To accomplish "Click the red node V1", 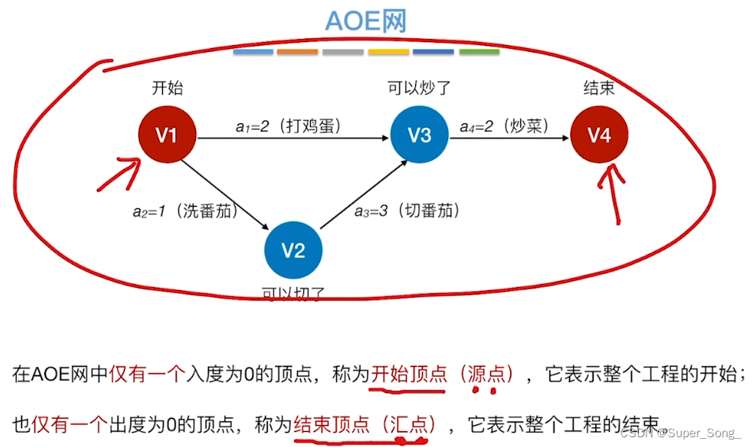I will click(167, 136).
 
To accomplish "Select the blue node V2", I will click(293, 251).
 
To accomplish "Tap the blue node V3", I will click(419, 136).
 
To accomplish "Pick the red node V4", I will click(598, 136).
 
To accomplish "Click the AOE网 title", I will click(366, 21).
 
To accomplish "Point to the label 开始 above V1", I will click(167, 89).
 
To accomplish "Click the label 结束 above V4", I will click(598, 89).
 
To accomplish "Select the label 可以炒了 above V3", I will click(419, 89).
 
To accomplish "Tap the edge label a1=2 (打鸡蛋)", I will click(288, 126).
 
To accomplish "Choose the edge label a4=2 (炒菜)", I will click(504, 126).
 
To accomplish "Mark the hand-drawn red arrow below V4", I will click(614, 192).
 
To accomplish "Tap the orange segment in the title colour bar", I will click(297, 52).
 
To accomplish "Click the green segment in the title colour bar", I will click(479, 52).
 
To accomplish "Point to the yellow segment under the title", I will click(388, 52).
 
